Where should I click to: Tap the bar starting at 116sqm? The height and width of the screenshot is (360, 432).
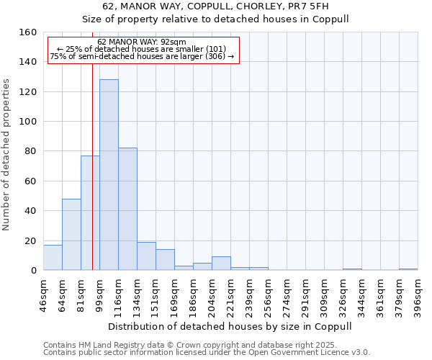127,209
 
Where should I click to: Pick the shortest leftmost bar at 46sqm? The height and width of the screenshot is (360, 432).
53,258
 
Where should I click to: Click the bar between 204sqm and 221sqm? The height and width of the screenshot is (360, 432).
221,264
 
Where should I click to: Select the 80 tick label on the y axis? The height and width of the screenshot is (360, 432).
30,151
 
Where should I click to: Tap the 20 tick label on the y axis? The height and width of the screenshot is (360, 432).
30,240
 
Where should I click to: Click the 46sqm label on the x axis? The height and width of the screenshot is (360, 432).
44,292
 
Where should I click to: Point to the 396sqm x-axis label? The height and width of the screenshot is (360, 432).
418,292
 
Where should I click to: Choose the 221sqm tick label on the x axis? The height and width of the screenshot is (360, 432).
231,292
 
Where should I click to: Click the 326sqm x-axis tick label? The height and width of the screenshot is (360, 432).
343,292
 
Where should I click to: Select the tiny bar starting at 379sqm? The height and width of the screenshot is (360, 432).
408,269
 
